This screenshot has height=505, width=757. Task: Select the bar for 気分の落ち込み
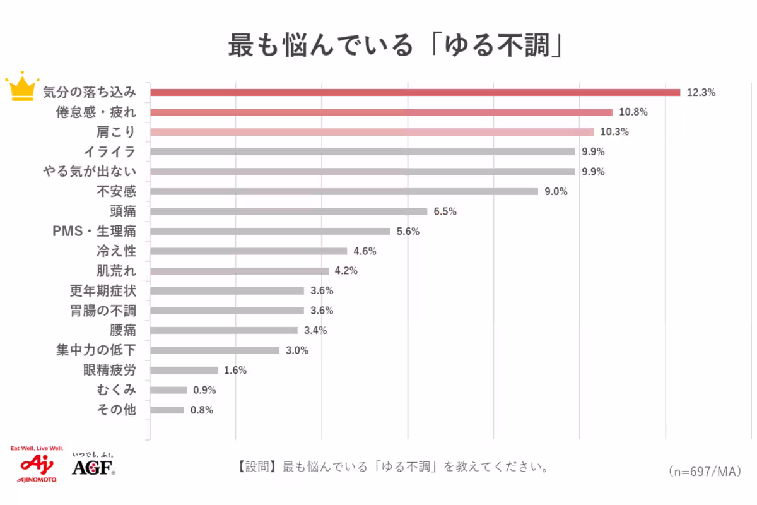coord(415,92)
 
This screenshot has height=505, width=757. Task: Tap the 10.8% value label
coord(633,112)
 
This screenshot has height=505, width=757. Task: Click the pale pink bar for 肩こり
coord(372,132)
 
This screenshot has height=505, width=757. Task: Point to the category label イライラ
coord(110,151)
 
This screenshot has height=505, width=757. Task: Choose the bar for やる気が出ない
coord(363,172)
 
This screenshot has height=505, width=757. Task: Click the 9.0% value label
coord(556,191)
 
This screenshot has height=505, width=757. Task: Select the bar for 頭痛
coord(288,211)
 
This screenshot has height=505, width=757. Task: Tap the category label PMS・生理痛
coord(94,231)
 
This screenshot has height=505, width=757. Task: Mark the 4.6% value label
coord(365,251)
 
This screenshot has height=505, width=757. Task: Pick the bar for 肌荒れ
coord(239,271)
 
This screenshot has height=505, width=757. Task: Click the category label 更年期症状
coord(103,291)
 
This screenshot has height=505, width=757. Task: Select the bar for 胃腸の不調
coord(227,311)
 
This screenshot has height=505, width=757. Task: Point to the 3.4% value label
coord(315,330)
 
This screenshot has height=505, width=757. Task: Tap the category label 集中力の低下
coord(96,350)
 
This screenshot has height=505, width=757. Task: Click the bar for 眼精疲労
coord(184,370)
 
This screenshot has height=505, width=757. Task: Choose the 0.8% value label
coord(202,410)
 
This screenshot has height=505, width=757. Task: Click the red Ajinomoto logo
coord(37,465)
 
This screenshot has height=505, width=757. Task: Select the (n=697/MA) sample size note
coord(703,471)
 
